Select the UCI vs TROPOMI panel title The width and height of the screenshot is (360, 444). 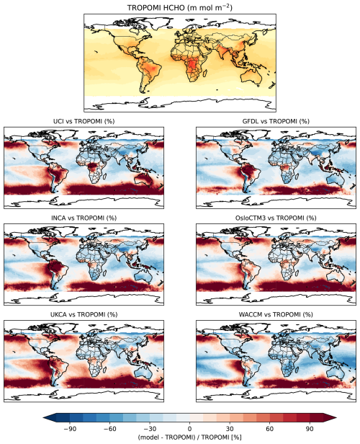pyautogui.click(x=84, y=121)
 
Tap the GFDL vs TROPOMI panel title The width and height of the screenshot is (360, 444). pyautogui.click(x=276, y=121)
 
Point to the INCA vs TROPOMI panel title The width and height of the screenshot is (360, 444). pyautogui.click(x=84, y=218)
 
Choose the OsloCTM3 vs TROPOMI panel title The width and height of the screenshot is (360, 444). pyautogui.click(x=276, y=218)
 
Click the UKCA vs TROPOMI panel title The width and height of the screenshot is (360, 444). pyautogui.click(x=84, y=314)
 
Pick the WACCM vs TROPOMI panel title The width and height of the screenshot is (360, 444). pyautogui.click(x=276, y=314)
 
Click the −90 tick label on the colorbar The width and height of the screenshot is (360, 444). pyautogui.click(x=70, y=429)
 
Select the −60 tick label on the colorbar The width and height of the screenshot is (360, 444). pyautogui.click(x=109, y=429)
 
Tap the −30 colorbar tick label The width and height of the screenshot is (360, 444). pyautogui.click(x=150, y=429)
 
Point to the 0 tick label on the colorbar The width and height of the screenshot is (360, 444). pyautogui.click(x=190, y=429)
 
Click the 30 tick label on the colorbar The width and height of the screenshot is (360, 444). pyautogui.click(x=230, y=429)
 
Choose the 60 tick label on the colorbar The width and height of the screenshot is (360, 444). pyautogui.click(x=270, y=429)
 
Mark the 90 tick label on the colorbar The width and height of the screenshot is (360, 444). pyautogui.click(x=310, y=429)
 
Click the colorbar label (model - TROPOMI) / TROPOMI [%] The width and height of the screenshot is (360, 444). pyautogui.click(x=190, y=438)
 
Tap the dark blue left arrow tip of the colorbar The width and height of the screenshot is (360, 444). pyautogui.click(x=43, y=417)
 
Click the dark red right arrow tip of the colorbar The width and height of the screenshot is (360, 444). pyautogui.click(x=336, y=417)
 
